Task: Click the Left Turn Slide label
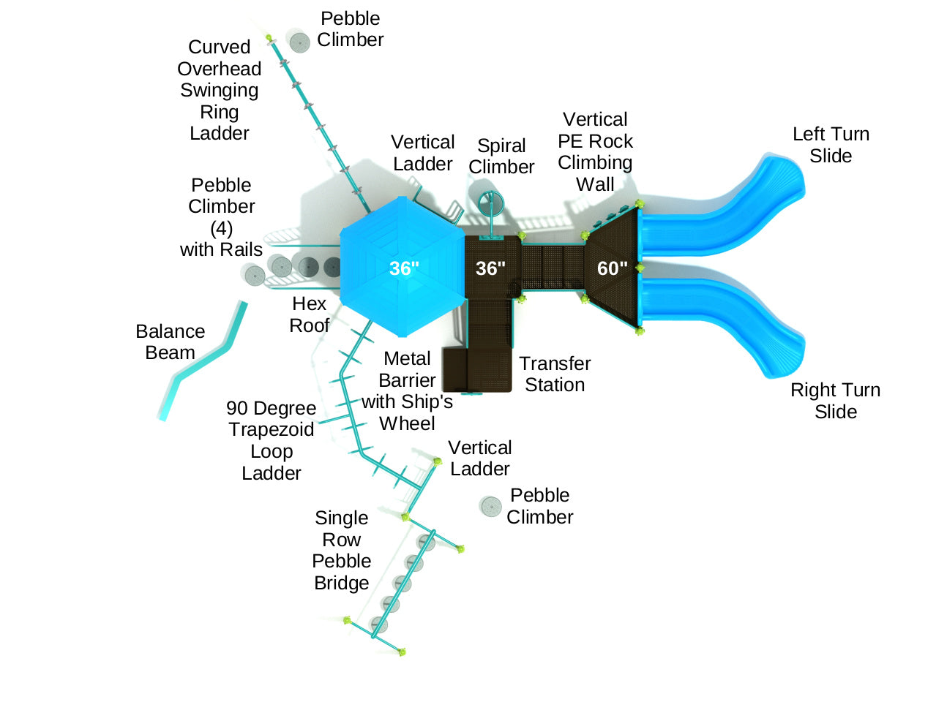[x=831, y=145]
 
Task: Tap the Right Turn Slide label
[x=835, y=401]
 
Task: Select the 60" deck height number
[x=612, y=268]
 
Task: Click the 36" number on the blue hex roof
[x=404, y=268]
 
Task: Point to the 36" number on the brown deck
[x=490, y=268]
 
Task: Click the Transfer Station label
[x=555, y=374]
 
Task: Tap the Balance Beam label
[x=170, y=341]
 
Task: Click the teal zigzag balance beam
[x=201, y=363]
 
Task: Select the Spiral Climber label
[x=501, y=156]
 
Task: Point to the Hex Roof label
[x=309, y=314]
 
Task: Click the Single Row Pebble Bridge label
[x=342, y=550]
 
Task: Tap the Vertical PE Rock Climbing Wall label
[x=595, y=151]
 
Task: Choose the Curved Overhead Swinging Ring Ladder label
[x=219, y=90]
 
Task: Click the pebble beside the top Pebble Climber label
[x=299, y=42]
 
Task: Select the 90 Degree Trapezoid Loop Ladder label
[x=271, y=440]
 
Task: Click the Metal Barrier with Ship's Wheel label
[x=407, y=390]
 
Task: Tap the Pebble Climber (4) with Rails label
[x=221, y=217]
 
